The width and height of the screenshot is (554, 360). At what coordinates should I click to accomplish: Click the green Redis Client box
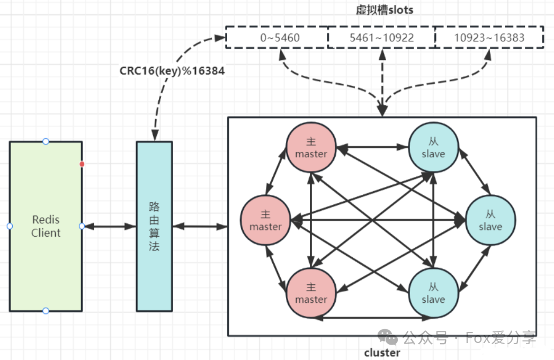coord(46,226)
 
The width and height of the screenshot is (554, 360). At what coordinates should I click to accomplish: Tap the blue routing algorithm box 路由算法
coord(155,226)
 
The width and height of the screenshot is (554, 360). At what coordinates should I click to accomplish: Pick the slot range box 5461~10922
coord(381,37)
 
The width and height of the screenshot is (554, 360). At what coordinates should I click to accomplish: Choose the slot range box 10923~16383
coord(489,37)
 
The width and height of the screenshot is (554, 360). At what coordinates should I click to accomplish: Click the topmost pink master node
coord(311,147)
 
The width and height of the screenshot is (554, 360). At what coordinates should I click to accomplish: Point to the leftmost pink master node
coord(265,220)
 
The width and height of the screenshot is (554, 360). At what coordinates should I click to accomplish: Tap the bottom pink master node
coord(311,293)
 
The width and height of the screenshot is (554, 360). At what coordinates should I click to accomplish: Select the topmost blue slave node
coord(434,147)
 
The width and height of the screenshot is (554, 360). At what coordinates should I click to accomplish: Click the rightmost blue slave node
coord(490,220)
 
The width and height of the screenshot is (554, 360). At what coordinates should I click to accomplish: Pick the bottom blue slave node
coord(434,293)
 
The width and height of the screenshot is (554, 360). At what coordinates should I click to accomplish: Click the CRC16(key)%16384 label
coord(172,70)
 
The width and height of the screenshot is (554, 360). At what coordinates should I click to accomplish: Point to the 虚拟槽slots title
coord(385,10)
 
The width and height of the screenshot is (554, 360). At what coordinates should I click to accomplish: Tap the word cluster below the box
coord(382,352)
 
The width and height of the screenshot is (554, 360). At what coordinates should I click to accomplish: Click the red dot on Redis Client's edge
coord(82,164)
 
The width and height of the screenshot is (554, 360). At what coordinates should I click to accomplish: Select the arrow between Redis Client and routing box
coord(110,226)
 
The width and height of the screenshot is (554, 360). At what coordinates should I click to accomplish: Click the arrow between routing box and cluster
coord(200,226)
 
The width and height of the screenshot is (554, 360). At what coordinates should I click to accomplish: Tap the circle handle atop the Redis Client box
coord(46,141)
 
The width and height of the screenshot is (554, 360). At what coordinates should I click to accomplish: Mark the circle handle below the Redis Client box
coord(46,311)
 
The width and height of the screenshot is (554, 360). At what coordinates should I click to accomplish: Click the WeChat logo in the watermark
coord(388,337)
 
